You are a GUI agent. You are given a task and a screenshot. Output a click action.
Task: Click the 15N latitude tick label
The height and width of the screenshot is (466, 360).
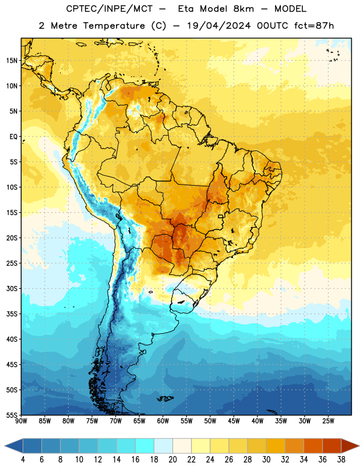(x=12, y=61)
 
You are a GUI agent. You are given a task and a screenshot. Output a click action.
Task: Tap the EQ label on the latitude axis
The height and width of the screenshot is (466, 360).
(x=13, y=137)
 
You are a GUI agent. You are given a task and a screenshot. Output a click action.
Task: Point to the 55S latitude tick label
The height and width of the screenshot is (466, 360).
(x=12, y=415)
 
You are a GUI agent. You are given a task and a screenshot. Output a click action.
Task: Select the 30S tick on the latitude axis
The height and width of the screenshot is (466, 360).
(x=12, y=288)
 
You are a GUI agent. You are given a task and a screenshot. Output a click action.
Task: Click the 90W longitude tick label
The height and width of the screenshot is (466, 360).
(x=21, y=421)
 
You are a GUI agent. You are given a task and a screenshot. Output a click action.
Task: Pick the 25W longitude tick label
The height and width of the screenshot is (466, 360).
(x=328, y=421)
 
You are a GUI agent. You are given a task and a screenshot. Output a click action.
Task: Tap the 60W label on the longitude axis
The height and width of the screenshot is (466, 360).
(x=163, y=421)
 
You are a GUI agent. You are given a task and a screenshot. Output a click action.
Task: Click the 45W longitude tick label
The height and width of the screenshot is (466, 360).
(x=234, y=421)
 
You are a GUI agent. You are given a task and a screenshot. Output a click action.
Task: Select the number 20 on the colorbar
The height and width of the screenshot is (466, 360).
(x=172, y=460)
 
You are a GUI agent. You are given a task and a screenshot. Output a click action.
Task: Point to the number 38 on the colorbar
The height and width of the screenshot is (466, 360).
(x=341, y=460)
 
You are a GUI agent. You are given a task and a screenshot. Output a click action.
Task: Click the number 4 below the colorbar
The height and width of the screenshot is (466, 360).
(x=23, y=460)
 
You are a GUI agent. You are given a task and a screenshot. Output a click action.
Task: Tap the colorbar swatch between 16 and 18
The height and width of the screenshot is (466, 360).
(x=144, y=446)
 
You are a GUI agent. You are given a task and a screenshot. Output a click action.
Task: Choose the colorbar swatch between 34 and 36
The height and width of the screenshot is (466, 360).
(x=313, y=446)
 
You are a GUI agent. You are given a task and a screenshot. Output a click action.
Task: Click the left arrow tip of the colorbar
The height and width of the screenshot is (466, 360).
(x=5, y=446)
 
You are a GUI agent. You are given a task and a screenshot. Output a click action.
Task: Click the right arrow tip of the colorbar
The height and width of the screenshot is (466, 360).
(x=359, y=446)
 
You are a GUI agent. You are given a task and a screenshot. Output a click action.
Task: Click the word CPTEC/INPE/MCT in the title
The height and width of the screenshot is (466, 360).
(x=110, y=9)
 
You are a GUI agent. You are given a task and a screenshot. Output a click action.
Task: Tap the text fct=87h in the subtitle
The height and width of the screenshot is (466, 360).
(x=314, y=26)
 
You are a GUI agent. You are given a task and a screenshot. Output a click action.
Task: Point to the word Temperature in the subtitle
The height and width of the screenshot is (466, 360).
(x=114, y=26)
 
